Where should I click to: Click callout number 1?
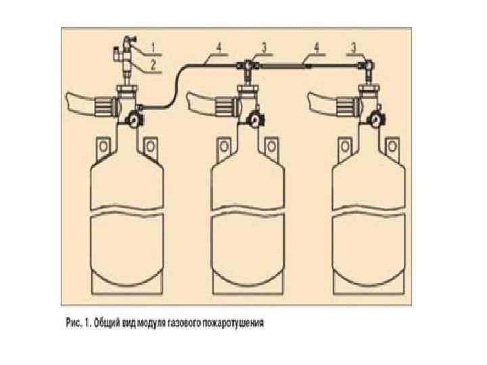(154, 47)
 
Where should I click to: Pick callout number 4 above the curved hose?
(220, 48)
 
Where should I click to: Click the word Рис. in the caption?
(75, 323)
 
